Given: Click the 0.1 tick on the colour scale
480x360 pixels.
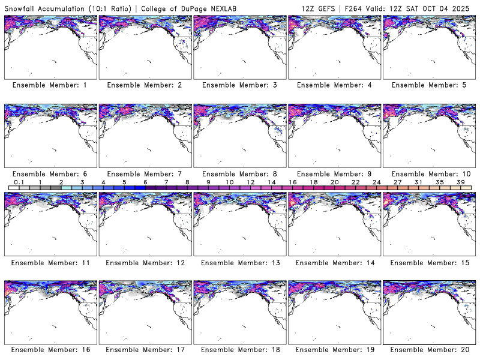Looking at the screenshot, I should [19, 182].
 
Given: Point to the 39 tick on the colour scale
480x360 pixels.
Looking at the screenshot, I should [460, 182].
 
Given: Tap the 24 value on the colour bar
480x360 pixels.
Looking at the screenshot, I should [376, 182].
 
